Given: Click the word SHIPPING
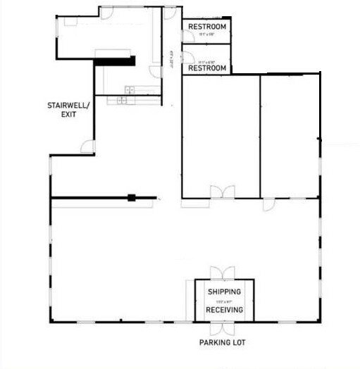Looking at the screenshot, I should [x=224, y=292].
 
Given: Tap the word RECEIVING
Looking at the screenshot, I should [x=224, y=310].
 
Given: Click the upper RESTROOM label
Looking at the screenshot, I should [x=207, y=27].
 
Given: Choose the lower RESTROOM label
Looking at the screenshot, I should [x=207, y=68].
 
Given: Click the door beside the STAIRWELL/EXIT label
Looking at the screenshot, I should [x=87, y=147].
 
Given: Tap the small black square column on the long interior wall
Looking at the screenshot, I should [x=130, y=199].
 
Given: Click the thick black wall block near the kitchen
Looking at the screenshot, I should [x=114, y=61].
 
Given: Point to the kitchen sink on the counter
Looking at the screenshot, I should [x=123, y=100].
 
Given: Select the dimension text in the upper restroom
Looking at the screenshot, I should [x=206, y=35].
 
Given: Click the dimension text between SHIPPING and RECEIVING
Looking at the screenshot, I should [x=224, y=301].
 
